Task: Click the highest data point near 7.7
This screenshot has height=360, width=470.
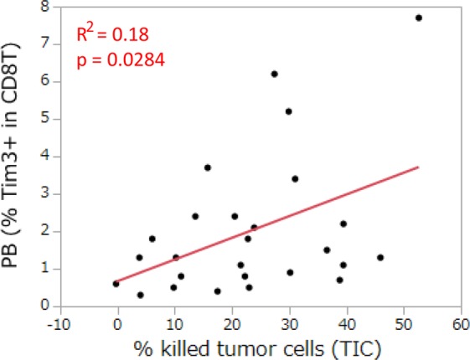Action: (419, 18)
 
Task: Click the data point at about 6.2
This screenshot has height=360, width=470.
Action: (274, 74)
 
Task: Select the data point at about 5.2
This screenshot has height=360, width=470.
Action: (288, 111)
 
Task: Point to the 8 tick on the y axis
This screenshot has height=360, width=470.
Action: (44, 7)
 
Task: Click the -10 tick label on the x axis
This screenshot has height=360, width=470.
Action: (60, 322)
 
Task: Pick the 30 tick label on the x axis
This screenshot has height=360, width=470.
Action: (289, 322)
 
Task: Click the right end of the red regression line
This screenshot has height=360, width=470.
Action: (418, 167)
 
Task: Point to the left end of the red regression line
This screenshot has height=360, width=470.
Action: (116, 282)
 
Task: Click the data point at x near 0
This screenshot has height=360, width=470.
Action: (116, 284)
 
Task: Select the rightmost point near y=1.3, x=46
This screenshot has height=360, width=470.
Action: (380, 257)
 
